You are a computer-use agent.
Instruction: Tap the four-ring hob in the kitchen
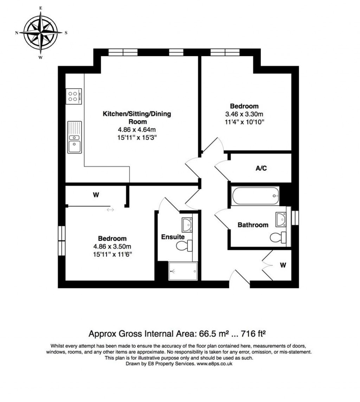coord(74,96)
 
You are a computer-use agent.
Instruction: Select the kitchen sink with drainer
coord(74,137)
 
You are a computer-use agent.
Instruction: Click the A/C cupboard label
coord(261,168)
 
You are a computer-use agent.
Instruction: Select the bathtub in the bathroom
coord(255,196)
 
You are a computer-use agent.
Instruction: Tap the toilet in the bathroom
coord(278,237)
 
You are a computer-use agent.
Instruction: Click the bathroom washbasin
coord(281,219)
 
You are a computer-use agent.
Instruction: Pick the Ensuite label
coord(173,237)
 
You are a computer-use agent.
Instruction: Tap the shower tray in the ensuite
coord(183,271)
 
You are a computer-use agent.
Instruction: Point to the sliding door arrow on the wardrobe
coord(110,210)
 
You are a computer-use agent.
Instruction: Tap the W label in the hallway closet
coord(282,265)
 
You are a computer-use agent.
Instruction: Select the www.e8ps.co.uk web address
coord(214,364)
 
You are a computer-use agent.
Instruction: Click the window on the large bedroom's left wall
coord(62,238)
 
